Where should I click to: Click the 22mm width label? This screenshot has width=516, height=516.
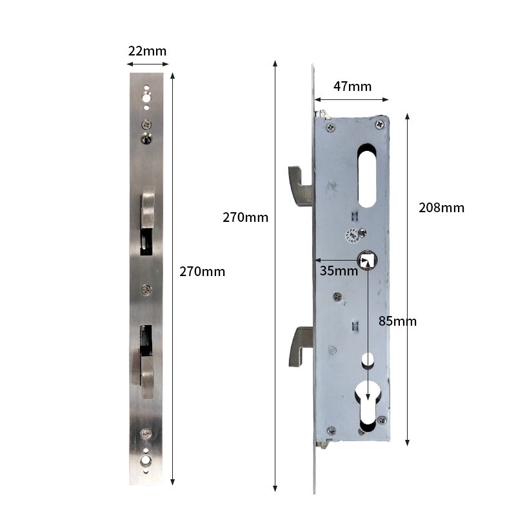point(147,52)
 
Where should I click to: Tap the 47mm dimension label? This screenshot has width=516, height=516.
point(352,86)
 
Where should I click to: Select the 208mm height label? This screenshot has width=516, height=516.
point(441,208)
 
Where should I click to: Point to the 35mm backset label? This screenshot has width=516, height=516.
point(339,271)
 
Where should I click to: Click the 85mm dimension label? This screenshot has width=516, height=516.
point(397,321)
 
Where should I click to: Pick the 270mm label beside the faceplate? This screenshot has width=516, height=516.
point(203,272)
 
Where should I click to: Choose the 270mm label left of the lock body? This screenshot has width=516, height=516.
point(246,217)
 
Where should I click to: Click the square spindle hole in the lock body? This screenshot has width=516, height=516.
point(367,260)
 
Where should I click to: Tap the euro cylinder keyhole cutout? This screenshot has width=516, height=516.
point(368,406)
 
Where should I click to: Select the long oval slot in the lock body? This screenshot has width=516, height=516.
point(367,175)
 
